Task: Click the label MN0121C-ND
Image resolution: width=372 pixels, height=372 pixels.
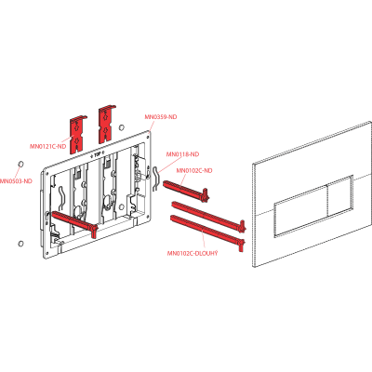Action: point(48,146)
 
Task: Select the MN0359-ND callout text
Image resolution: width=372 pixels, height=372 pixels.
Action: point(161,117)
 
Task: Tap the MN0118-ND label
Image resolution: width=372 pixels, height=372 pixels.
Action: point(182,154)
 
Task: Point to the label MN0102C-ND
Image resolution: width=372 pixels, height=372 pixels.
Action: point(194,170)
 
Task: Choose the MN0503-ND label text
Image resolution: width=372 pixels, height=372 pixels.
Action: point(16,181)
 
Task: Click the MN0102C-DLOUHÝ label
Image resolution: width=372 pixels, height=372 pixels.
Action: point(193,253)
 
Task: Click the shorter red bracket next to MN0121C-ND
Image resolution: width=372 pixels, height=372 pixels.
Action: point(77,135)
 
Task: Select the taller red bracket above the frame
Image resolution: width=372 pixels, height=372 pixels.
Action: point(106,124)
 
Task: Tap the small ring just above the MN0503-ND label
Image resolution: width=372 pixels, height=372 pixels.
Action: point(21,164)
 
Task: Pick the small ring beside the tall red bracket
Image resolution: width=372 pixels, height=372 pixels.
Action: point(122,127)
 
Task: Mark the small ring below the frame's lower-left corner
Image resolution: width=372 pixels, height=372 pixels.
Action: point(20,244)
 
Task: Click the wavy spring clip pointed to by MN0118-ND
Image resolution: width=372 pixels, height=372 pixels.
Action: point(156,178)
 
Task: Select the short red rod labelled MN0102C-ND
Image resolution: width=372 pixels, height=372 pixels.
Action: point(186,190)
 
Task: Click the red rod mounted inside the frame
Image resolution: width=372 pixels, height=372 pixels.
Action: point(75,221)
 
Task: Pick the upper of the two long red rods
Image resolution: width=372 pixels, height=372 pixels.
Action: point(208,216)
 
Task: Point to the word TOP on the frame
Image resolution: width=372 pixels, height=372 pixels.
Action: point(98,154)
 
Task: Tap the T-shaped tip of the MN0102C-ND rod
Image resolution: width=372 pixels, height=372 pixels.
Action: point(206,194)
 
